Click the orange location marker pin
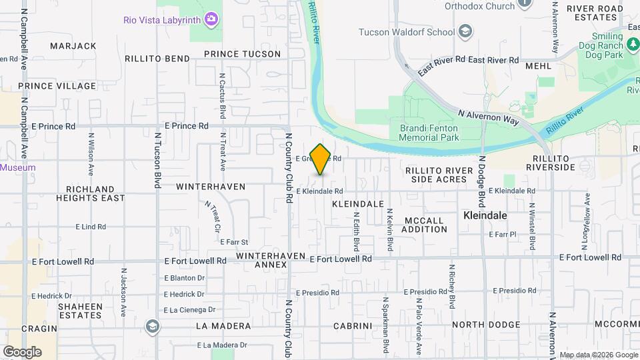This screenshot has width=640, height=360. (321, 159)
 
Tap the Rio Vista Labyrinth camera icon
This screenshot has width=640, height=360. (212, 19)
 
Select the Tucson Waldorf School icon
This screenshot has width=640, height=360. (465, 31)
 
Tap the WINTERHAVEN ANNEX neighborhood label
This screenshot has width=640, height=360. (271, 260)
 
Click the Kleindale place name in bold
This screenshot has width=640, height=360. (485, 216)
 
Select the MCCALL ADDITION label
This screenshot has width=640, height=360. (425, 225)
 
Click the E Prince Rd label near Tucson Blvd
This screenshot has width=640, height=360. (186, 125)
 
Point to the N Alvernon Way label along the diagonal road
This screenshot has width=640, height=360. (488, 116)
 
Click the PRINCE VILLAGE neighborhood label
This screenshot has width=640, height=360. (57, 86)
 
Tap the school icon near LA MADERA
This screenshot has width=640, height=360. (153, 325)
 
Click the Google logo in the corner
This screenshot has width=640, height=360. (22, 351)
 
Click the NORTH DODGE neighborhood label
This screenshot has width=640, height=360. (484, 325)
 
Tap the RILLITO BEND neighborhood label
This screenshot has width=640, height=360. (157, 59)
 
